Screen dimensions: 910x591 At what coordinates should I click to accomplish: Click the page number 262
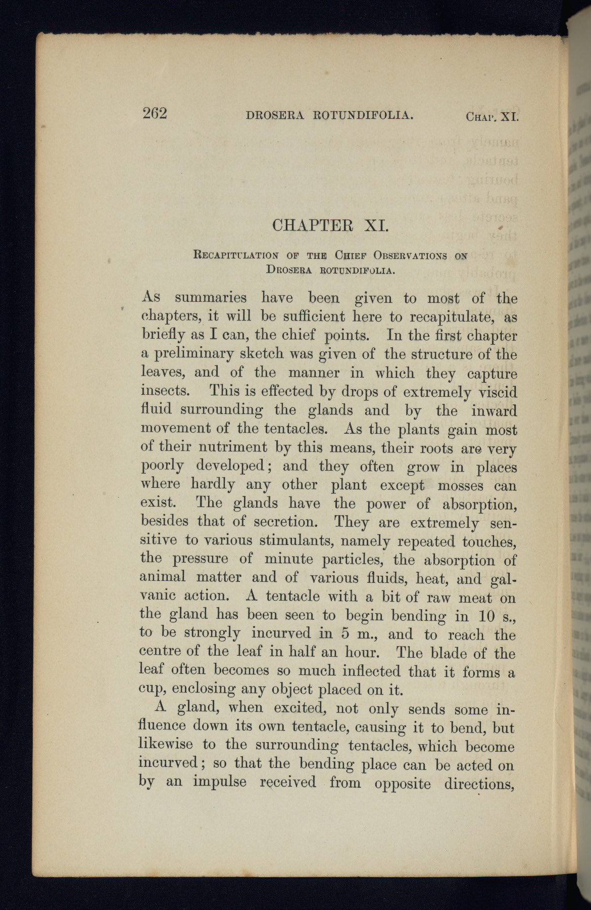155,113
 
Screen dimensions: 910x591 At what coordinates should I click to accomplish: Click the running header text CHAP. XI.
492,118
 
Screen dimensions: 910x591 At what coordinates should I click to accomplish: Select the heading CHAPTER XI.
330,224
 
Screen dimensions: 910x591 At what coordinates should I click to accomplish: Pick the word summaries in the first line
211,298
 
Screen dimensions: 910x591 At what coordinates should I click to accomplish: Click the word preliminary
187,354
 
